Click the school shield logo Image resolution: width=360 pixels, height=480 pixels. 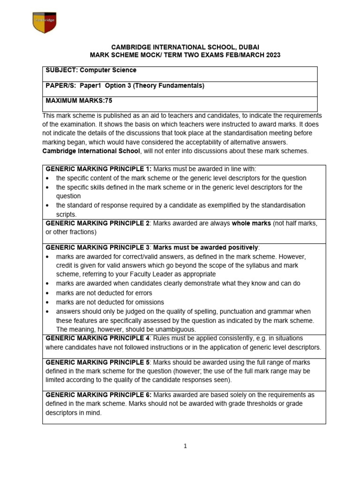45,22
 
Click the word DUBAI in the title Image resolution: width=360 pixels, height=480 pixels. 246,47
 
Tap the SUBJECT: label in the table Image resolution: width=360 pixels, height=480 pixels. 61,70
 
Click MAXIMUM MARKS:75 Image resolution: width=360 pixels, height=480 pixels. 79,101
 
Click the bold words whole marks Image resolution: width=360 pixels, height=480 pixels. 251,224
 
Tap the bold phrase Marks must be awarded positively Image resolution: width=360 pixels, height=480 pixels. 206,247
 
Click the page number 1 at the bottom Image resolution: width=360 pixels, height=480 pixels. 185,446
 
